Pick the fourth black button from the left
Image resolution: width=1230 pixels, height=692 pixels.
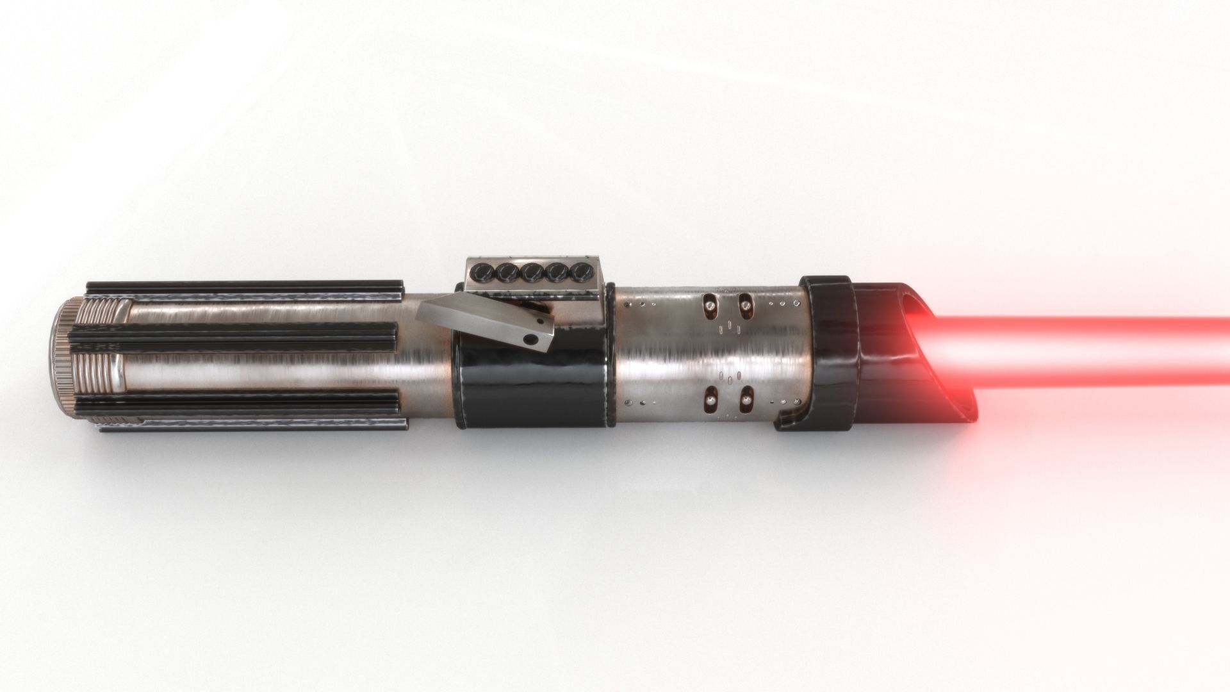click(x=556, y=273)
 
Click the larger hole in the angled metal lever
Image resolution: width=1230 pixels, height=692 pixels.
click(x=530, y=339)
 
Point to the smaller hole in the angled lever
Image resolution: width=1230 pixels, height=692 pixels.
click(x=541, y=321)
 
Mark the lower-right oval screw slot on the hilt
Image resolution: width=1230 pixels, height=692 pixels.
click(x=746, y=399)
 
